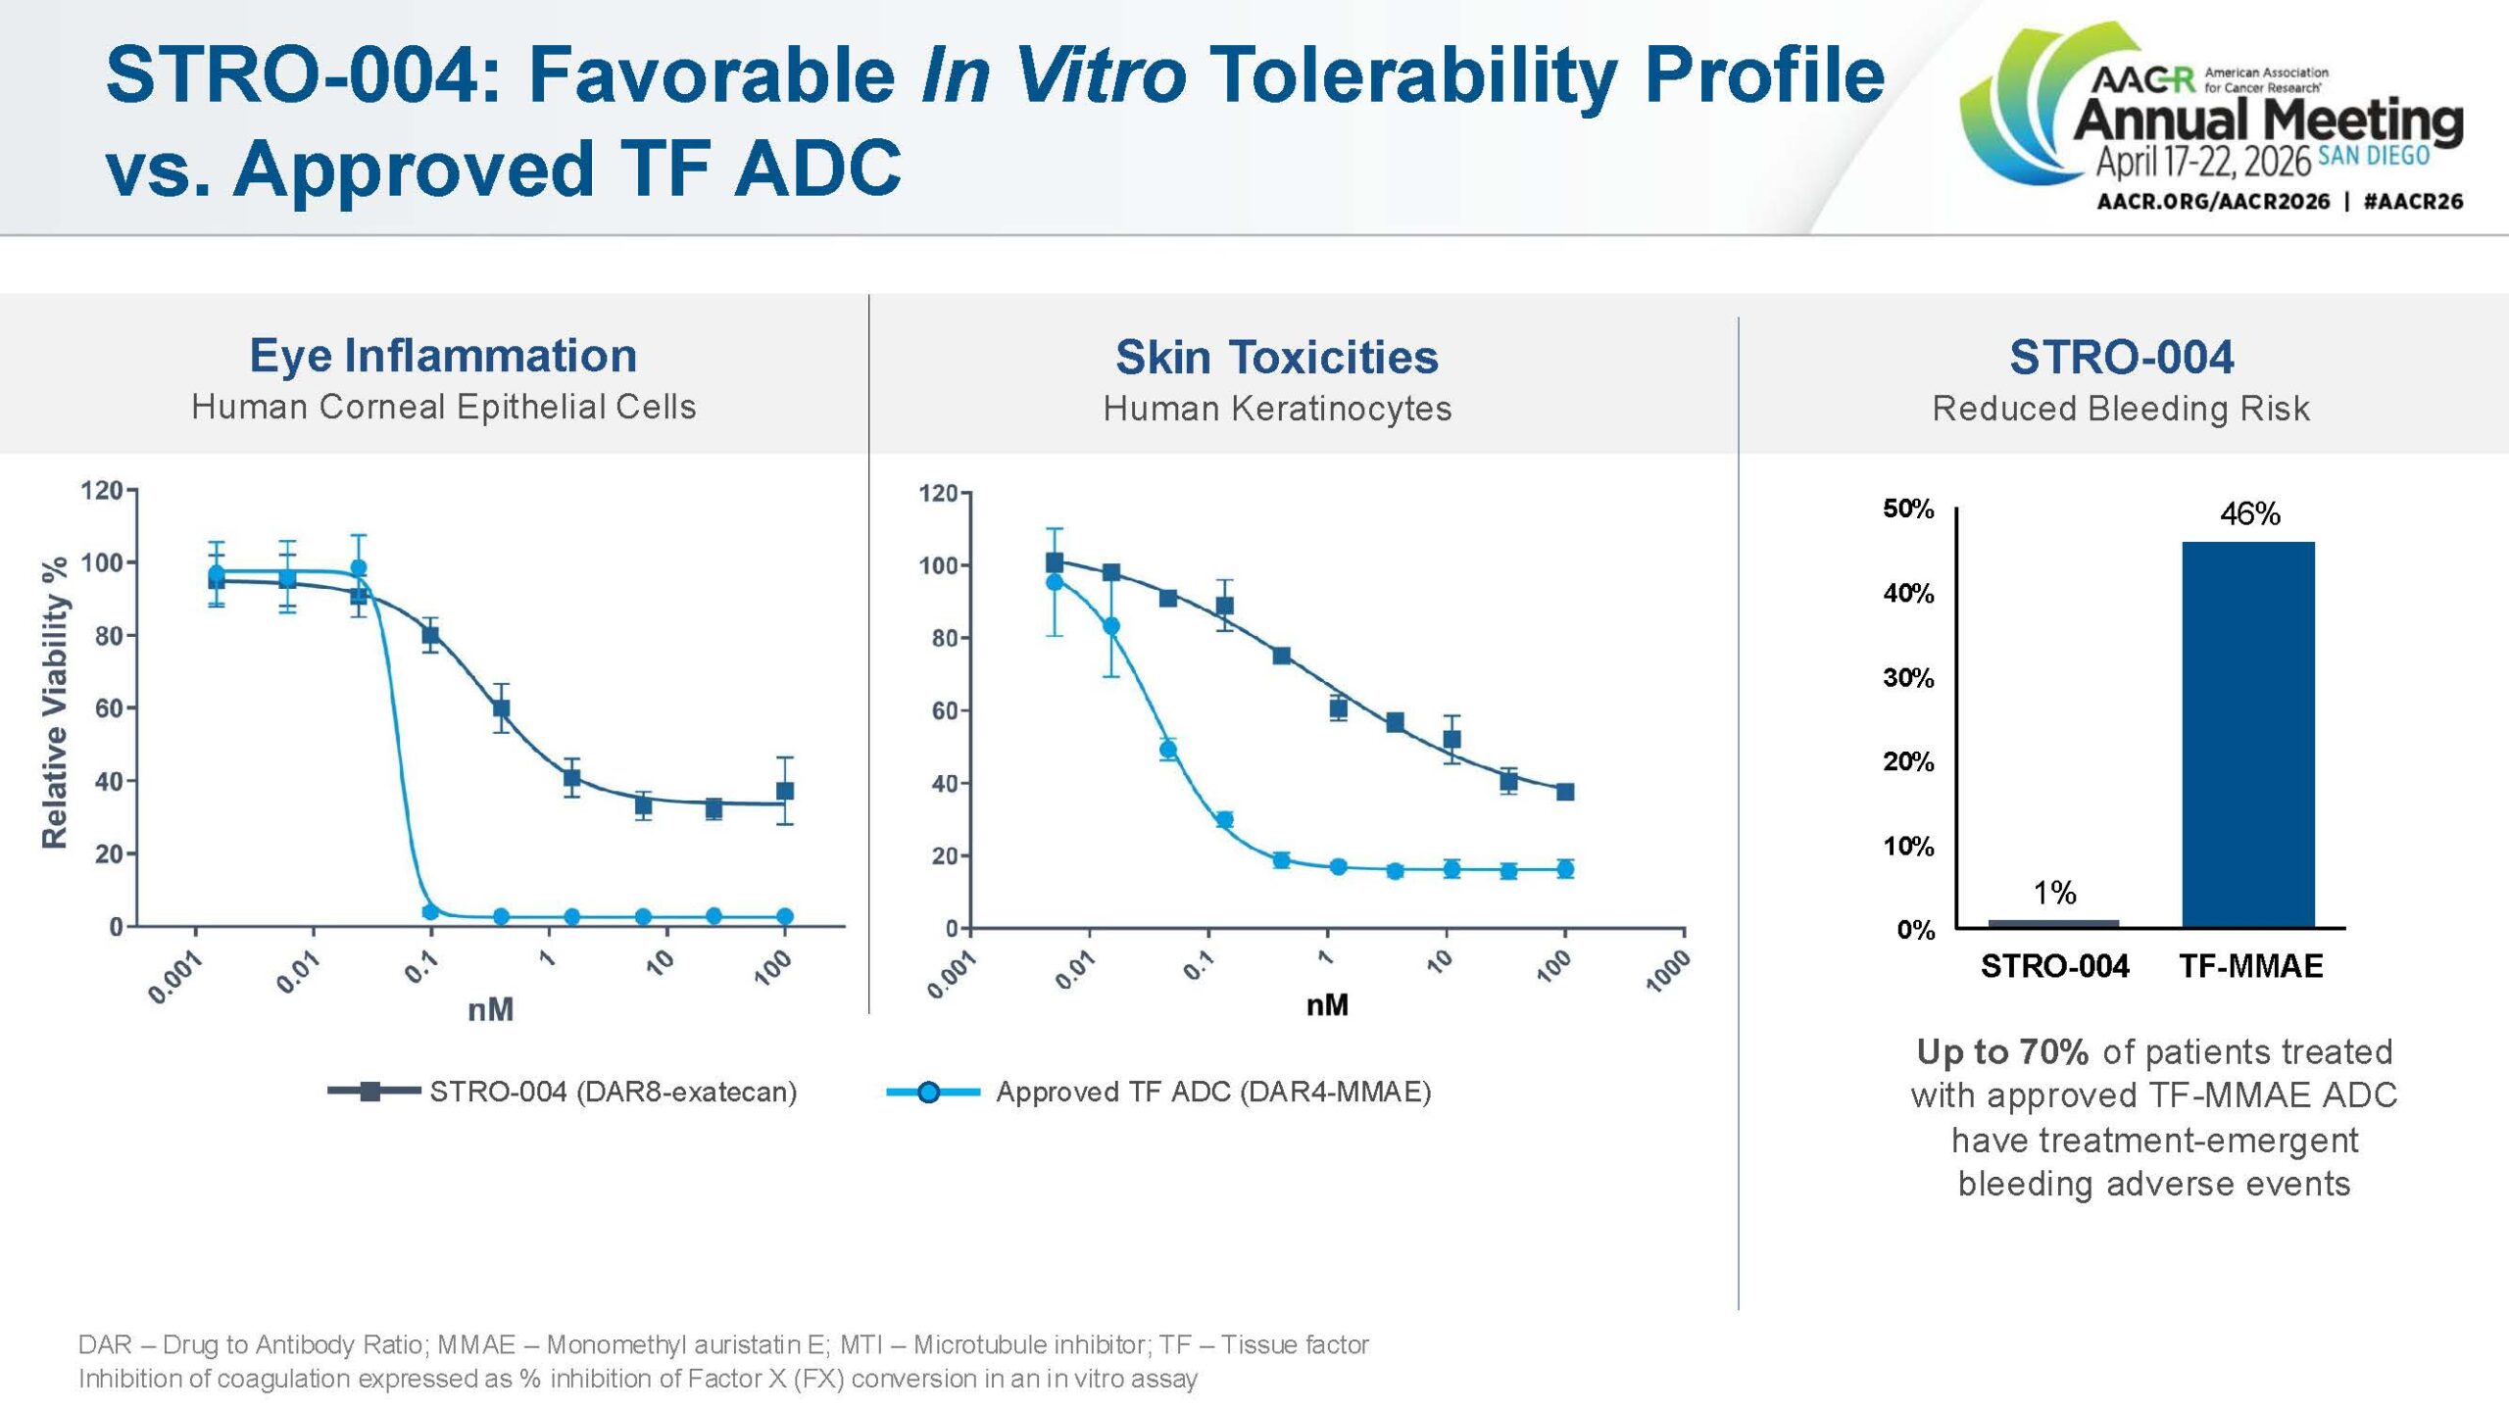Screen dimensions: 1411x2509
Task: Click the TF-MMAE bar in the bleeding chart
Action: point(2248,735)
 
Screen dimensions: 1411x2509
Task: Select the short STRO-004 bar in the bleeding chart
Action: point(2053,923)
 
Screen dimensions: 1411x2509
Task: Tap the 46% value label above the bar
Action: point(2250,513)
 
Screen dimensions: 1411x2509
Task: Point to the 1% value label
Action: point(2054,893)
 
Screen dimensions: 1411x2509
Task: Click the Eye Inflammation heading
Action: point(443,356)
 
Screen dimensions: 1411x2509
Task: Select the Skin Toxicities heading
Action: point(1276,357)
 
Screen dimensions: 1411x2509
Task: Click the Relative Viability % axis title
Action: point(55,703)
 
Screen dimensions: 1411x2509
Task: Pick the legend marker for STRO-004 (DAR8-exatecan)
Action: point(370,1092)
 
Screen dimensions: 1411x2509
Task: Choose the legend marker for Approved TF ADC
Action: point(929,1092)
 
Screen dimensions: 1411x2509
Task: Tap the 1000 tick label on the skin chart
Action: point(1668,972)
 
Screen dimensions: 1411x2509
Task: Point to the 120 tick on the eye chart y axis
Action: point(101,490)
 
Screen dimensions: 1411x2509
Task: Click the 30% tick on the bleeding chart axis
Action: point(1908,678)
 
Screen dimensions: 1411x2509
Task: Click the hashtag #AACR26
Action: point(2413,202)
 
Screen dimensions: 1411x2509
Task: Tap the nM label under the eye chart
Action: point(490,1009)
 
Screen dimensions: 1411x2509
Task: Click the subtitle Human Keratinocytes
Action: point(1276,409)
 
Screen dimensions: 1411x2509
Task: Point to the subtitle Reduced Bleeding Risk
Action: point(2120,409)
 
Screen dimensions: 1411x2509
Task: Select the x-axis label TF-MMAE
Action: point(2250,966)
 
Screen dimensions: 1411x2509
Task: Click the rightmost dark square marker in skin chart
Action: point(1565,792)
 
